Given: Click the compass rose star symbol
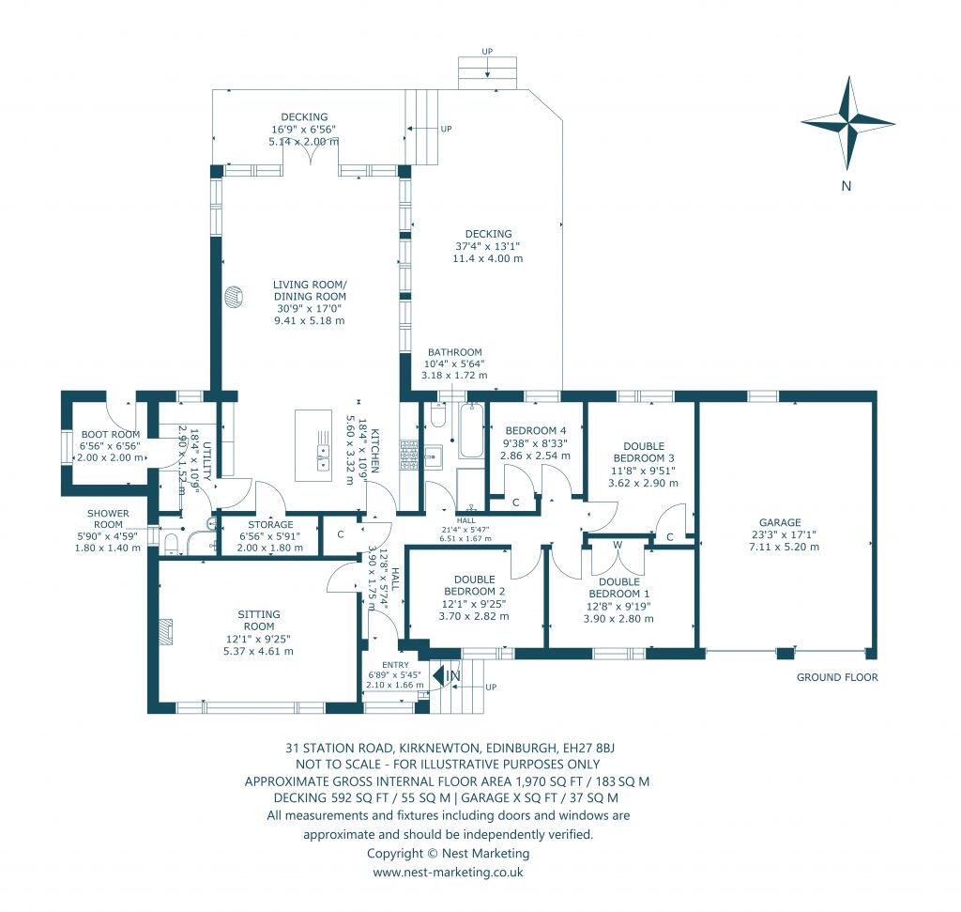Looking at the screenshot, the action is pos(847,123).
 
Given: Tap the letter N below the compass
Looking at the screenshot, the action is pos(847,186).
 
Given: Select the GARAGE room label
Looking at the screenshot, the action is pos(780,522).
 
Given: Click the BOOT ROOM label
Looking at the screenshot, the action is pos(111,434).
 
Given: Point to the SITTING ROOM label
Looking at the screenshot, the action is pos(259,620).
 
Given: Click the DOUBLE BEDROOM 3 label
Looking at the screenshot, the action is pos(644,452).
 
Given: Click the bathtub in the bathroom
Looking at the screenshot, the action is pos(471,430).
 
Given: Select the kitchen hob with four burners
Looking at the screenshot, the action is pos(409,456).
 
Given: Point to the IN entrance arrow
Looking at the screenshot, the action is pos(439,675).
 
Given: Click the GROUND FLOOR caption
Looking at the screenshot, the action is pos(837,677).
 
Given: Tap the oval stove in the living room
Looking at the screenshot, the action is pos(234,298).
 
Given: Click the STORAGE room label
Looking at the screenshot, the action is pos(270,525).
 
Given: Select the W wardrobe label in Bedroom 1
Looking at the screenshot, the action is pos(618,545).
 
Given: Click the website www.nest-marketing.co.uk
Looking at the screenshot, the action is pos(448,872).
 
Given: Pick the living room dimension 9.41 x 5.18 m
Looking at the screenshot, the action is pos(310,320).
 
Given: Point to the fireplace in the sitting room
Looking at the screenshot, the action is pos(165,632).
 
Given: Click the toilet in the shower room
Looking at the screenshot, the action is pos(171,544).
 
